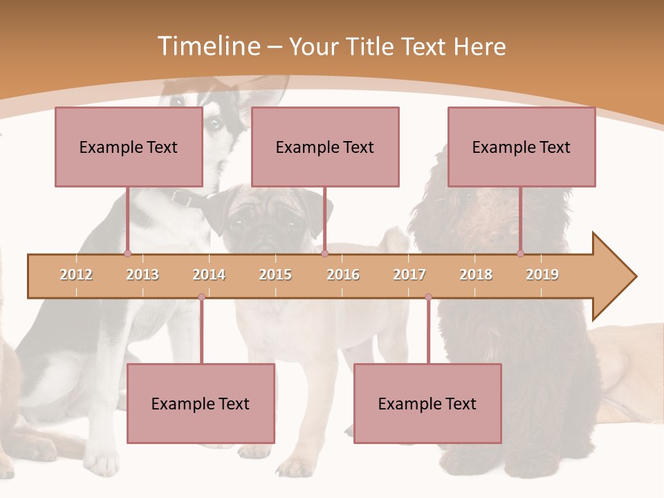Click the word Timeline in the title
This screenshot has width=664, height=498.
[207, 46]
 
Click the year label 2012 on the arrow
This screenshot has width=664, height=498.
[76, 275]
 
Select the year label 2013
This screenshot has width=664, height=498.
[142, 275]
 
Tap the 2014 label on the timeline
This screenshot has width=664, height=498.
[209, 275]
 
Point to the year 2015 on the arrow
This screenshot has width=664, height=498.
[275, 275]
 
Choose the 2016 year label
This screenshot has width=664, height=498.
[343, 275]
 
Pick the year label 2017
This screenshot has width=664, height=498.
[409, 275]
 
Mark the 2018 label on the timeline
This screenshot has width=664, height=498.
[476, 275]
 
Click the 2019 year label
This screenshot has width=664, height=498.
[542, 275]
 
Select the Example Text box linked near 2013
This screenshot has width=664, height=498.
[129, 147]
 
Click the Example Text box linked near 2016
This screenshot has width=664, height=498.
[325, 147]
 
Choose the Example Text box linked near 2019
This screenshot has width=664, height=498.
[522, 147]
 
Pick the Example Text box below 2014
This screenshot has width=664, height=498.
[201, 403]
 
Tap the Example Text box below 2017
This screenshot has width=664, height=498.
[427, 403]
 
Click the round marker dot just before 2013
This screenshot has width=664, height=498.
[127, 253]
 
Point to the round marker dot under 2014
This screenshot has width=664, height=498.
[201, 297]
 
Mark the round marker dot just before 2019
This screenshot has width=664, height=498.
[520, 253]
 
